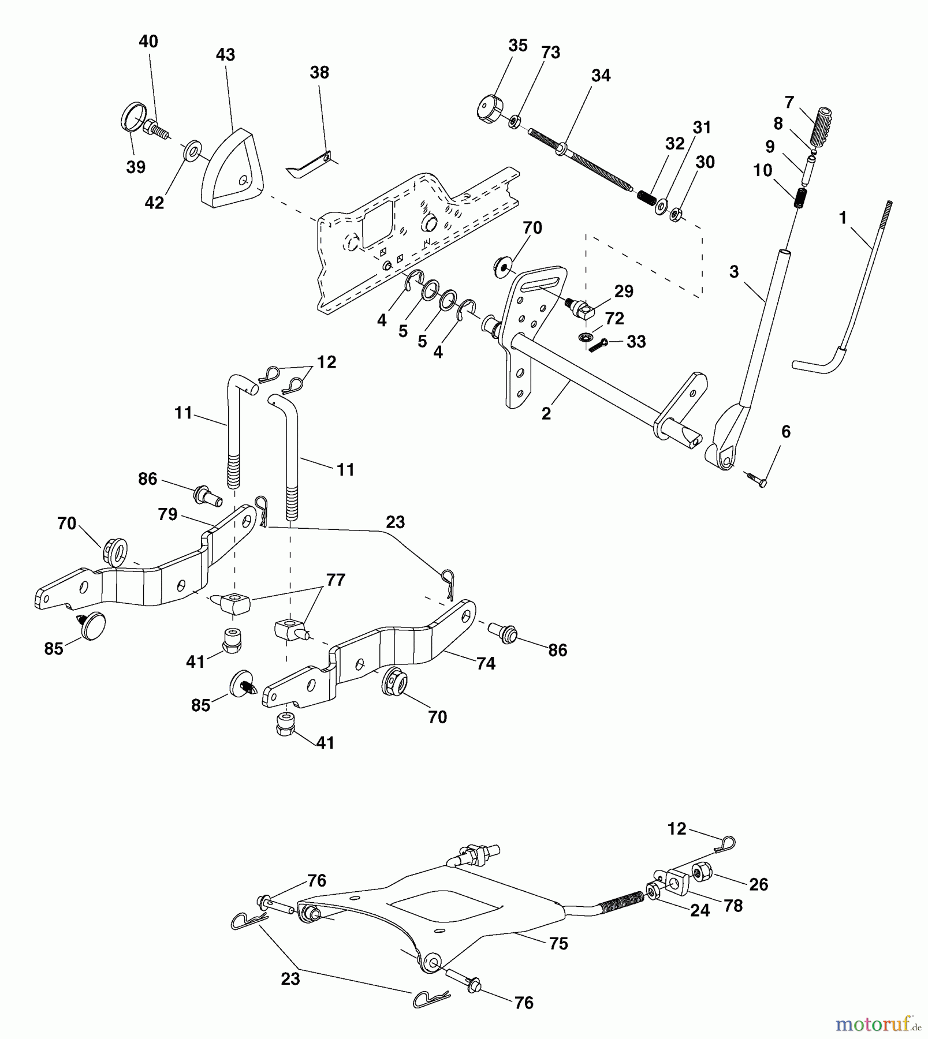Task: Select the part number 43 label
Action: click(225, 55)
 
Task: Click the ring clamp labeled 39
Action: click(133, 115)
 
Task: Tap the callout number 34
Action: click(601, 76)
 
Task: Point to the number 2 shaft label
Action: click(546, 414)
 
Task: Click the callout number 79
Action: click(167, 514)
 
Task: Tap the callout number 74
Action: click(486, 664)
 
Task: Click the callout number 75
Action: click(558, 944)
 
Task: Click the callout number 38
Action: click(319, 73)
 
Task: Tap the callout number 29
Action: click(624, 291)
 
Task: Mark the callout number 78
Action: click(733, 906)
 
